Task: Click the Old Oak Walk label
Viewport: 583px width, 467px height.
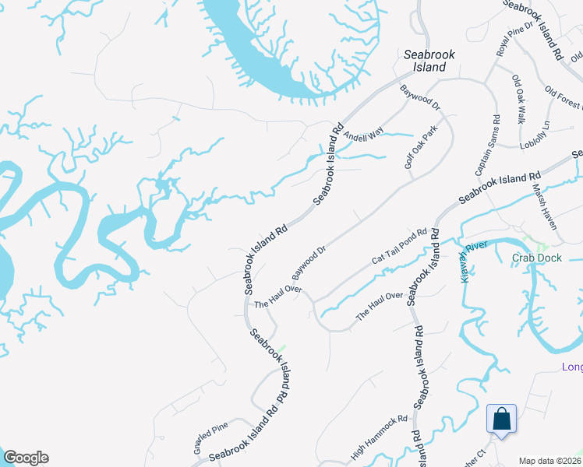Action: coord(517,99)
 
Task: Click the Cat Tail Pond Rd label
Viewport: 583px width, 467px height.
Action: coord(400,245)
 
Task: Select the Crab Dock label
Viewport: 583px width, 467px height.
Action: coord(538,258)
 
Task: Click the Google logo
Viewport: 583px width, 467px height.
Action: coord(26,458)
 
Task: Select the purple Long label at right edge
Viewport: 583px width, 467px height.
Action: coord(572,367)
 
